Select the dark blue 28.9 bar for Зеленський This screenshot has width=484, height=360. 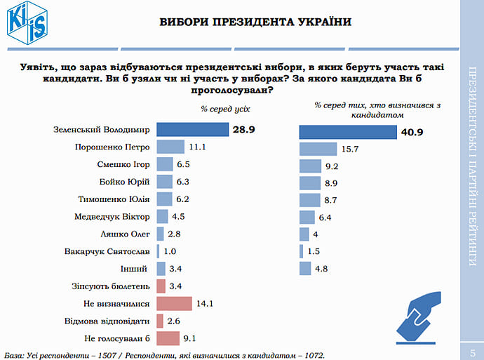click(193, 130)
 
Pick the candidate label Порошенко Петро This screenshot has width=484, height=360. click(112, 147)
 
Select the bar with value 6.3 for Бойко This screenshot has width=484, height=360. click(164, 182)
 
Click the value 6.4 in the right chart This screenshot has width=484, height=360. click(326, 217)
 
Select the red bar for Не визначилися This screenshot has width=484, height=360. click(174, 303)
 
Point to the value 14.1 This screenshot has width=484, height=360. click(205, 303)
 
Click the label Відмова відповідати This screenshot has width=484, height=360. click(107, 320)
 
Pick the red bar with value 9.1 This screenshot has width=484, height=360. click(168, 338)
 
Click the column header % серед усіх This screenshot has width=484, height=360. click(225, 109)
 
